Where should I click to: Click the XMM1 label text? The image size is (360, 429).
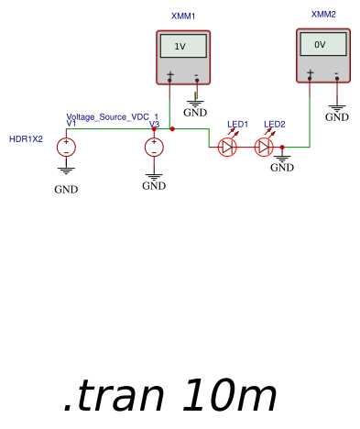pos(183,16)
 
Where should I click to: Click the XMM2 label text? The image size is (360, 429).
pos(323,15)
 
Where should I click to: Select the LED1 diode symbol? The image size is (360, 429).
pos(228,147)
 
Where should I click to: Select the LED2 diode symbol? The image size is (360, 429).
pos(265,147)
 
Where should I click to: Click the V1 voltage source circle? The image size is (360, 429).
pos(66,147)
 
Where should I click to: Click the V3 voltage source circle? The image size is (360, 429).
pos(154,147)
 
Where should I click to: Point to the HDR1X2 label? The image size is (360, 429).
pos(26,139)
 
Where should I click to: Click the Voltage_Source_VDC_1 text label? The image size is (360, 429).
pos(106,116)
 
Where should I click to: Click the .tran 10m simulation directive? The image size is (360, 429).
pos(169,396)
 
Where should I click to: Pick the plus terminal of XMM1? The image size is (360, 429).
pos(169,75)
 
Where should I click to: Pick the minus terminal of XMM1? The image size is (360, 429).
pos(196,75)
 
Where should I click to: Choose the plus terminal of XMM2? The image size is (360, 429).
pos(311,72)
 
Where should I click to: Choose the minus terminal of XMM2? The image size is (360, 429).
pos(337,72)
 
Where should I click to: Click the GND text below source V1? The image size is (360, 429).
pos(66,190)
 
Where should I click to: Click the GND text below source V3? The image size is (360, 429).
pos(154,186)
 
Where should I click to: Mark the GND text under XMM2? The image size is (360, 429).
pos(337,117)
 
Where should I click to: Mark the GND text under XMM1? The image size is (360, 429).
pos(195,114)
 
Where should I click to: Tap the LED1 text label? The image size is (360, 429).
pos(237,124)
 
